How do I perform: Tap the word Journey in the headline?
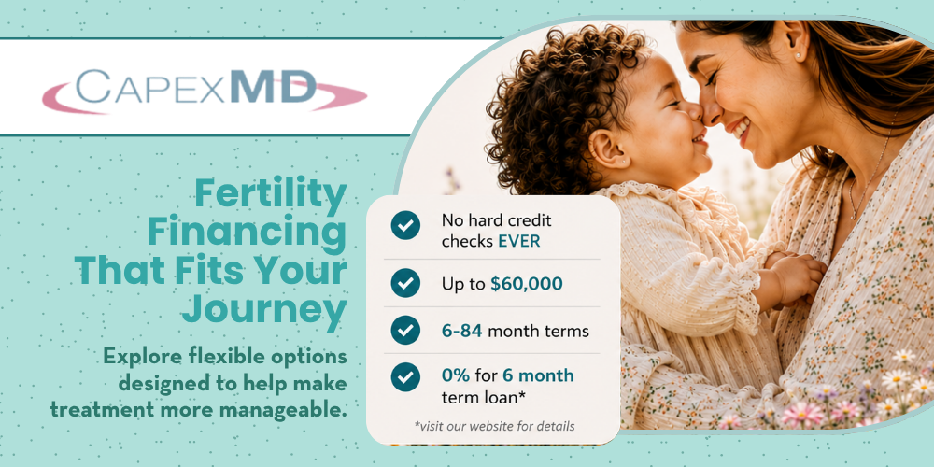264,308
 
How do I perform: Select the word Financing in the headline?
247,233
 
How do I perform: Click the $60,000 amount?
527,284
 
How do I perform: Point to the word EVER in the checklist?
519,242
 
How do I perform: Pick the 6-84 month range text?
462,331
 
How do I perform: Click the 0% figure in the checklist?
456,375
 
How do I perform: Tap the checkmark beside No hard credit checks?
405,225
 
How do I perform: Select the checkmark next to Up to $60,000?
405,283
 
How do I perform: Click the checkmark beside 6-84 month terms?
405,330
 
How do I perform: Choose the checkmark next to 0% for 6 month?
405,377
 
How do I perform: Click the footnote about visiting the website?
494,427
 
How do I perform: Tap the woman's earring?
799,55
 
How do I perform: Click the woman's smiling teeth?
741,127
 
